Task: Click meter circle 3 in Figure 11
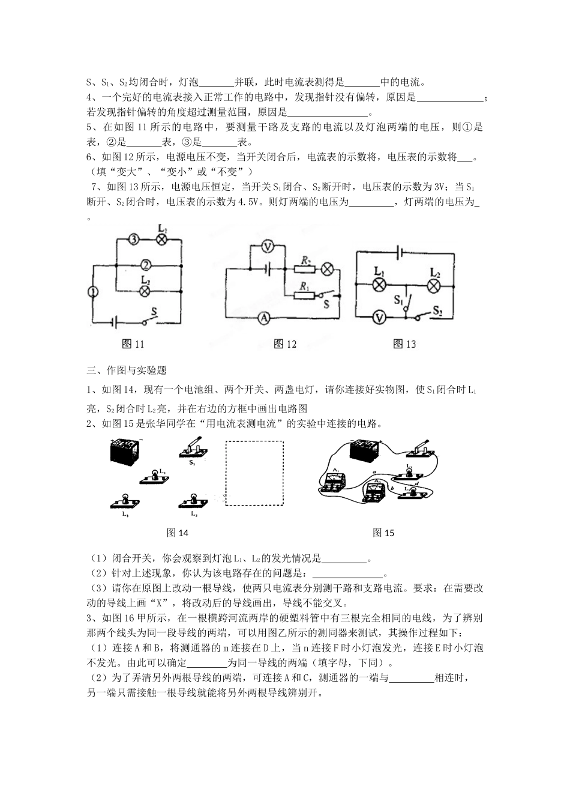tap(134, 240)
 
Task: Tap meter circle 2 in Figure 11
tap(145, 264)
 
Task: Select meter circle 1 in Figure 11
tap(93, 291)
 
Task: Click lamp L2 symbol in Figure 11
tap(145, 291)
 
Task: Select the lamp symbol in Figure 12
tap(328, 268)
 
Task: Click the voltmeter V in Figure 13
tap(378, 317)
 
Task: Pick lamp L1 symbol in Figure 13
tap(379, 285)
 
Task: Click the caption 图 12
tap(285, 344)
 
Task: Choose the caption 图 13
tap(404, 344)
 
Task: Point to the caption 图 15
tap(383, 533)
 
